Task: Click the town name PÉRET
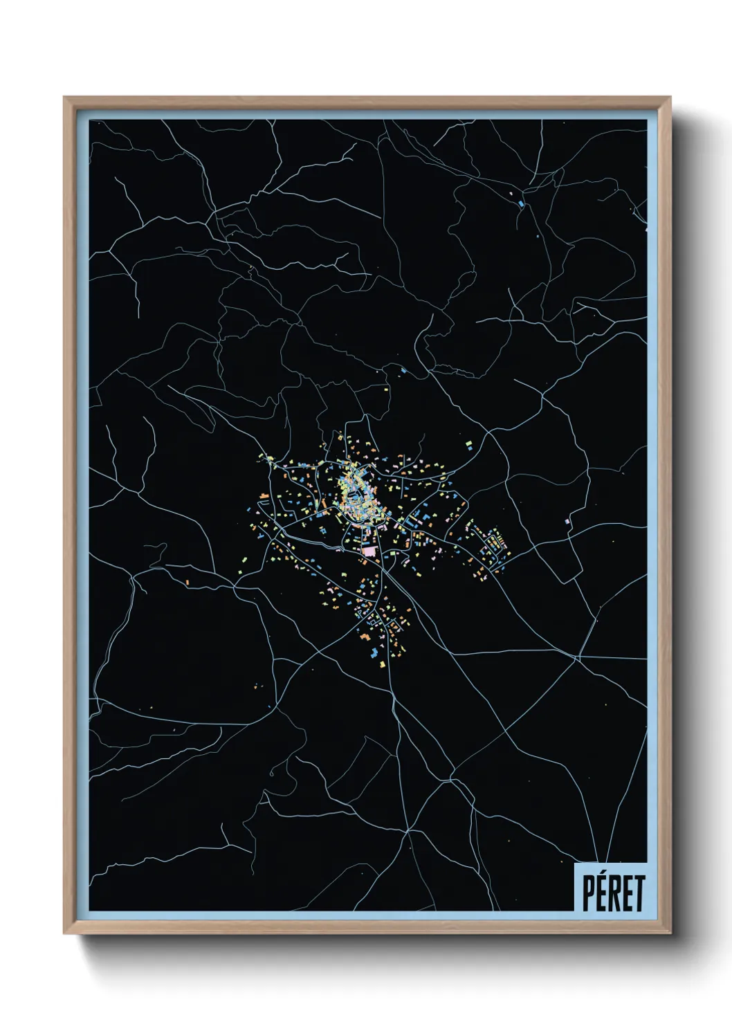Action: (x=612, y=893)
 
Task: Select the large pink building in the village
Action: (x=371, y=551)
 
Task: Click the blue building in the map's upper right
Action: (x=521, y=203)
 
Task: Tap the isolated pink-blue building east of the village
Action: (x=567, y=520)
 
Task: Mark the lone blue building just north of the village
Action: (x=403, y=370)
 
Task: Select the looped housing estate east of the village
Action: (x=495, y=543)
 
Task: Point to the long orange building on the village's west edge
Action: (x=264, y=495)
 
